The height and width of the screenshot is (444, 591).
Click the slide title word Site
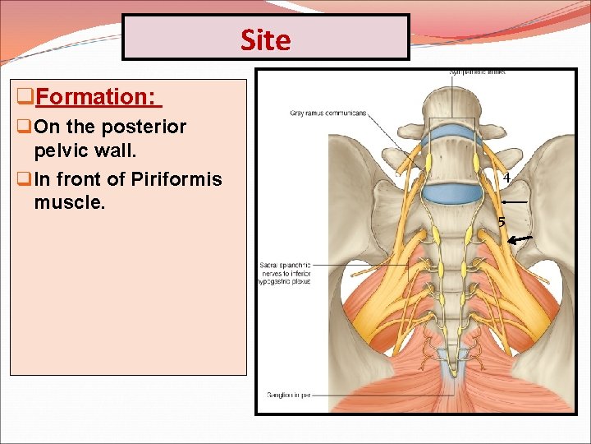pos(265,39)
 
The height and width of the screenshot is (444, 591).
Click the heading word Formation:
pos(96,97)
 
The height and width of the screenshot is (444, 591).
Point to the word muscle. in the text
pos(70,201)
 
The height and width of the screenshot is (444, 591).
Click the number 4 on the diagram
pos(506,178)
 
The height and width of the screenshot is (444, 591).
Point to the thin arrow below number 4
pos(514,201)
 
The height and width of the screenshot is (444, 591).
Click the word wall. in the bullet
pos(108,153)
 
